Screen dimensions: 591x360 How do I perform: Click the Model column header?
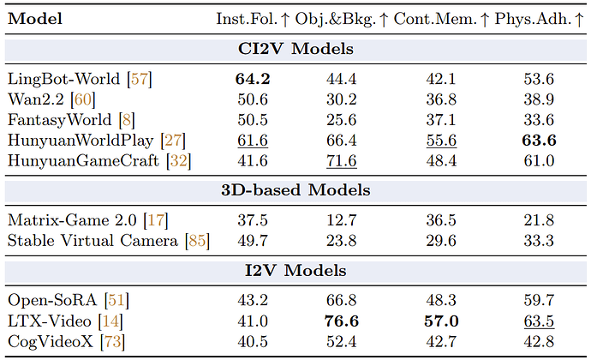click(35, 19)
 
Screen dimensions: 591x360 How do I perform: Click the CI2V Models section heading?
click(295, 49)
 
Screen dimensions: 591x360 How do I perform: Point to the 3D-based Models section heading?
click(295, 189)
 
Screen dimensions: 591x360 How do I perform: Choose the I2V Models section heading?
click(295, 271)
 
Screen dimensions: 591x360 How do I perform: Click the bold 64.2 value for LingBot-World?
click(253, 79)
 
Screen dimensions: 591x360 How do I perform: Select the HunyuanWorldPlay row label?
click(81, 141)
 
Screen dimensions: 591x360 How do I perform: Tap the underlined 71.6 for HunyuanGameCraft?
click(342, 161)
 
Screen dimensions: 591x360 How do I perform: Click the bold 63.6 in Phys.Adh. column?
click(539, 141)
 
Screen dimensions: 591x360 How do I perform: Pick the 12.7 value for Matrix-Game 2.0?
click(342, 220)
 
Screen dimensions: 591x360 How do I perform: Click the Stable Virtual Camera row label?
click(93, 241)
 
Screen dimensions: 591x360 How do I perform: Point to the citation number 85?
click(197, 241)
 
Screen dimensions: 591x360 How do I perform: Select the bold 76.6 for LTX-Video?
click(342, 321)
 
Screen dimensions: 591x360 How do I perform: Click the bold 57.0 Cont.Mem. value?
click(441, 321)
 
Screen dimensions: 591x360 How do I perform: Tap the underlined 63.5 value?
click(539, 322)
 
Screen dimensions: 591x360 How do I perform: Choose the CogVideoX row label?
click(51, 341)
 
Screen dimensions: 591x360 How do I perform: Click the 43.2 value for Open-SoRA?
click(253, 300)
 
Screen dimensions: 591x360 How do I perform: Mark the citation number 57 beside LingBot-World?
click(140, 79)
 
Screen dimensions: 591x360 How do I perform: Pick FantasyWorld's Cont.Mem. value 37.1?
click(441, 120)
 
